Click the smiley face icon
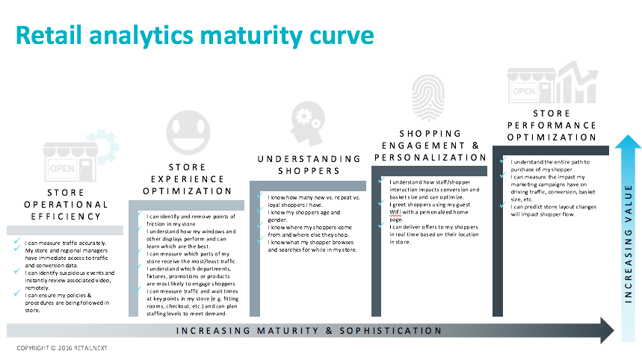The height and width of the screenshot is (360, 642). (188, 132)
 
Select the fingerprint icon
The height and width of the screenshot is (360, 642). (428, 97)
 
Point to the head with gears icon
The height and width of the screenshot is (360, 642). (307, 123)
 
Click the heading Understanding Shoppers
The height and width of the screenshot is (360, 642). (309, 165)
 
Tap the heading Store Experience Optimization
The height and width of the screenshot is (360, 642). (188, 179)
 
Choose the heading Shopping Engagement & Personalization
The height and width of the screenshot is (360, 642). (430, 146)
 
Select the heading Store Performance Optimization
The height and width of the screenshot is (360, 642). (552, 125)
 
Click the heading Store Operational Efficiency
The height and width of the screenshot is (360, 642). (66, 205)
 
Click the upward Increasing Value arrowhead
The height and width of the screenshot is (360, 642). (628, 142)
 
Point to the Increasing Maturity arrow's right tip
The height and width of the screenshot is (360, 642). (614, 330)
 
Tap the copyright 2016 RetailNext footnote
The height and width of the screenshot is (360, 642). (62, 348)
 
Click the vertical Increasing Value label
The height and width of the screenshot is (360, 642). (628, 243)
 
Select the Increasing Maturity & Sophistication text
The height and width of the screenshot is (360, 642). (309, 331)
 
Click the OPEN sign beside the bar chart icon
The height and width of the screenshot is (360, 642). (524, 91)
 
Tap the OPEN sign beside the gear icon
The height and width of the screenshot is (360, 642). (62, 169)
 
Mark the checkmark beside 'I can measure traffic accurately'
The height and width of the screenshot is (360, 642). (16, 241)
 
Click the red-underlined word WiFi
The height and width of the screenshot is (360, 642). (395, 212)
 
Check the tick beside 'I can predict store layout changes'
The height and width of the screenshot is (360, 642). (503, 205)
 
